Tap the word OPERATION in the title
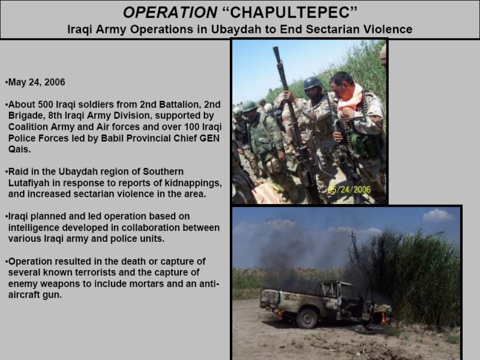pos(170,13)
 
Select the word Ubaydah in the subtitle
pos(233,29)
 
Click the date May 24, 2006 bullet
pos(37,82)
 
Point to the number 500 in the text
pos(46,104)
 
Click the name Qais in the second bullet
pos(19,149)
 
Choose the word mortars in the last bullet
pos(146,284)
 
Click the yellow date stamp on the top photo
pos(349,190)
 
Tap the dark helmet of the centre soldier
pos(313,83)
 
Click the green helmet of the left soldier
pos(249,107)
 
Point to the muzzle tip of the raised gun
pos(277,49)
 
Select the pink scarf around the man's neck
pos(350,98)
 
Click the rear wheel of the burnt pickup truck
pos(307,319)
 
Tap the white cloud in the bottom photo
pos(438,215)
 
